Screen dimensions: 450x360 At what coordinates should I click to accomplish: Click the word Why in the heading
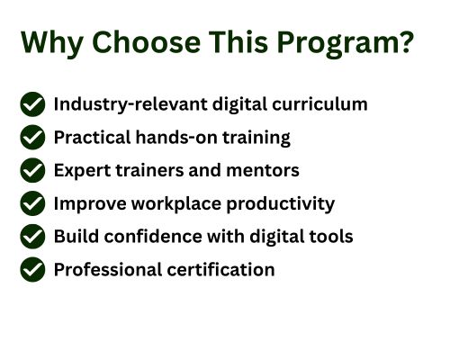tap(52, 43)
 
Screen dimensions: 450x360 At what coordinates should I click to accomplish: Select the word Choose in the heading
tap(146, 42)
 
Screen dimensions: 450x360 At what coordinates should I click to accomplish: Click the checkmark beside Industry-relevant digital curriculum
tap(32, 104)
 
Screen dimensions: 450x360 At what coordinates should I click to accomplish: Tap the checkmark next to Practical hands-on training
tap(32, 137)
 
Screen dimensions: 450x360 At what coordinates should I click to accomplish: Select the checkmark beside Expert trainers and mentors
tap(32, 170)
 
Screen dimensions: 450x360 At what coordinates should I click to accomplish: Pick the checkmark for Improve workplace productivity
tap(32, 203)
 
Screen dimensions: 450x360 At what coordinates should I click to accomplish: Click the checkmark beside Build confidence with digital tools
tap(32, 236)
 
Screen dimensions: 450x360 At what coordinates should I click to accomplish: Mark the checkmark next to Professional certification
tap(32, 269)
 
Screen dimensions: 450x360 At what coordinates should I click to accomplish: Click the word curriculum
tap(319, 104)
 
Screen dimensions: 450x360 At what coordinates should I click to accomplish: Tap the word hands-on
tap(176, 137)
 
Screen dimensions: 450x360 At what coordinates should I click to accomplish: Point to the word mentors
tap(263, 171)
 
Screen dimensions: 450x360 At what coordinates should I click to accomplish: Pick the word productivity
tap(281, 204)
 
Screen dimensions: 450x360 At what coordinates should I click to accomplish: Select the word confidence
tap(153, 236)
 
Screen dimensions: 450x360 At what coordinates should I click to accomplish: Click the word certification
tap(220, 269)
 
